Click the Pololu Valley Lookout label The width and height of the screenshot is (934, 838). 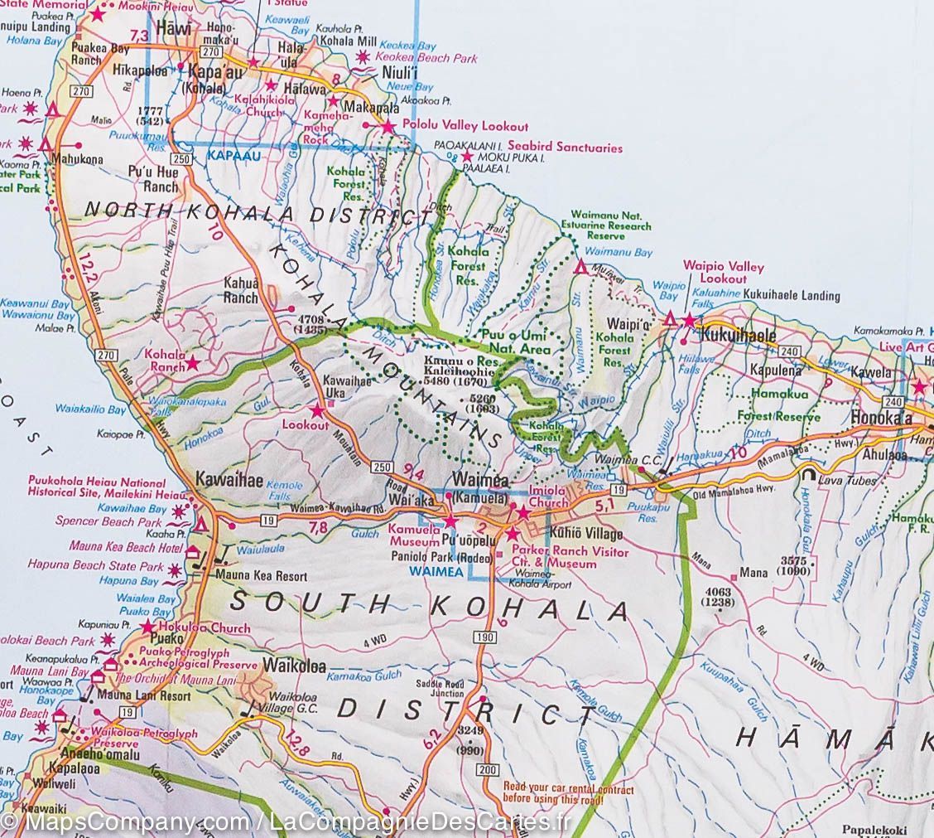click(x=465, y=126)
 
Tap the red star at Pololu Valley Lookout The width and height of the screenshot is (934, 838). click(x=388, y=127)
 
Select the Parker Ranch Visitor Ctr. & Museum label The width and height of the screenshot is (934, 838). click(x=570, y=557)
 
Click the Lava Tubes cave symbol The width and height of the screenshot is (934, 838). click(x=806, y=476)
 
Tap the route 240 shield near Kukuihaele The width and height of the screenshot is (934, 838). click(x=787, y=351)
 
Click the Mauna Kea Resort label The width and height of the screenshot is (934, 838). click(x=249, y=576)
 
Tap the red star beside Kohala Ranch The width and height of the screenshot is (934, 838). click(x=192, y=363)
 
